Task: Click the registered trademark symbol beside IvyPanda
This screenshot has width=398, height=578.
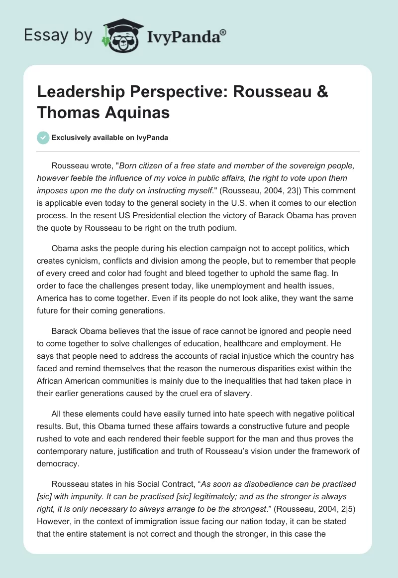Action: [x=223, y=31]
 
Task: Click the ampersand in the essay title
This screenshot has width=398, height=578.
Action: [x=322, y=93]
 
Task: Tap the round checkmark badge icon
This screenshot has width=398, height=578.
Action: [x=43, y=138]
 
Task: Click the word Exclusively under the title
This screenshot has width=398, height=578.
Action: [x=70, y=138]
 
